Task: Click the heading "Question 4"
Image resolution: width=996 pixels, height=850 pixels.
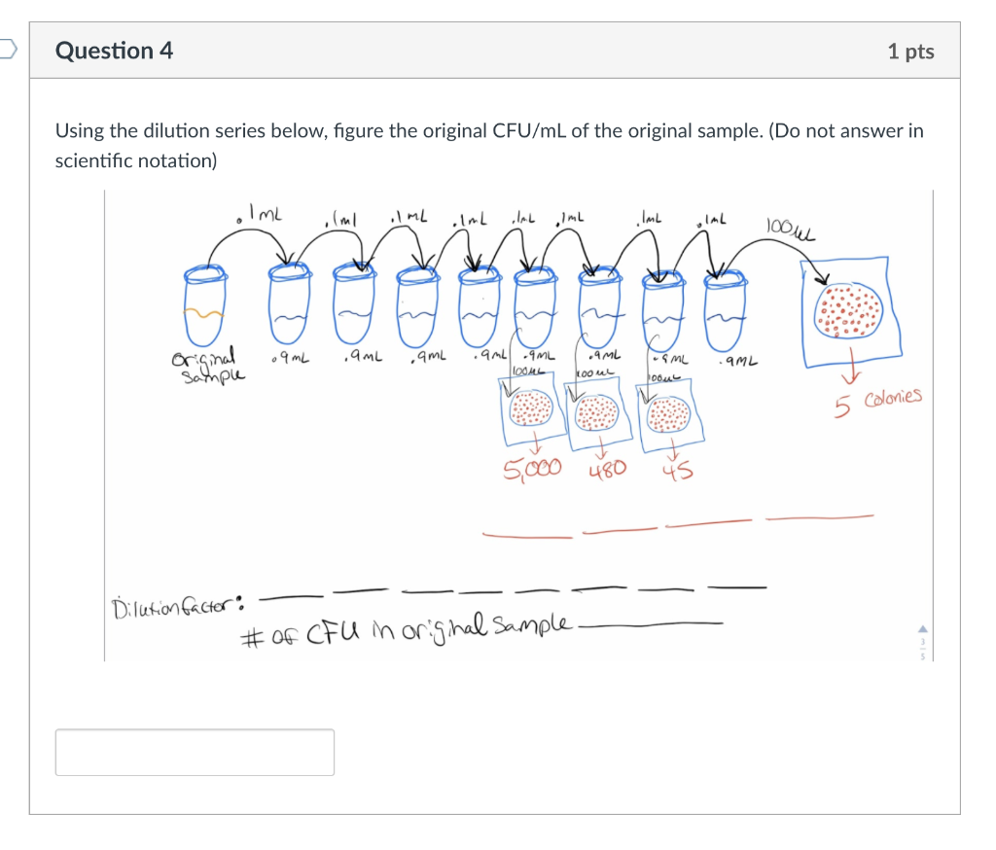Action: click(115, 51)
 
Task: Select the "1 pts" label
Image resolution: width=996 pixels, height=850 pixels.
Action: click(910, 52)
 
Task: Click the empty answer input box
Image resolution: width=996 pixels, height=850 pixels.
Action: click(195, 752)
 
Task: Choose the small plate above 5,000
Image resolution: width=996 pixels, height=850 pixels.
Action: click(530, 410)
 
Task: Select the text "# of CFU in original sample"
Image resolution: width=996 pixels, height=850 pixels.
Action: click(409, 635)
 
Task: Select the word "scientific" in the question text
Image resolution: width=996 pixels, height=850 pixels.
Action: click(100, 160)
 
